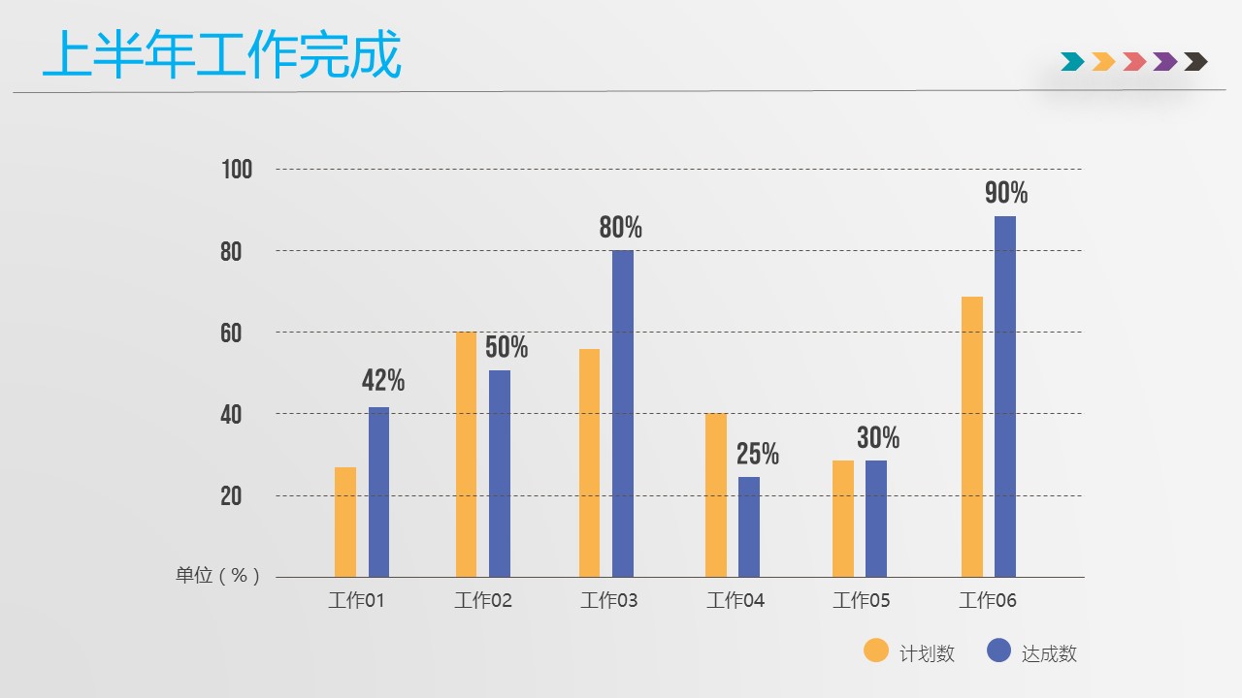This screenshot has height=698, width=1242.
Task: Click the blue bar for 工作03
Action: pyautogui.click(x=623, y=413)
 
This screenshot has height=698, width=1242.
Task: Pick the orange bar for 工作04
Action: pyautogui.click(x=716, y=494)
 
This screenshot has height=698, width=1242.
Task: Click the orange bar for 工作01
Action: pyautogui.click(x=345, y=522)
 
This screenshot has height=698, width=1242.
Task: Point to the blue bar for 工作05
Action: pyautogui.click(x=876, y=518)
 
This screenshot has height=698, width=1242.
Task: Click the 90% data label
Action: pyautogui.click(x=1006, y=193)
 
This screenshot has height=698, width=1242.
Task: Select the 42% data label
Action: pyautogui.click(x=383, y=381)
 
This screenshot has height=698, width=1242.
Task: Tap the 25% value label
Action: pyautogui.click(x=758, y=454)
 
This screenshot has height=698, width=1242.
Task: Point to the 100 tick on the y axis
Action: pyautogui.click(x=237, y=170)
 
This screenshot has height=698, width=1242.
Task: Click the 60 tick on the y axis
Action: pyautogui.click(x=231, y=333)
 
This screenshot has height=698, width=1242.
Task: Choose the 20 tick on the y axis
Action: pyautogui.click(x=231, y=496)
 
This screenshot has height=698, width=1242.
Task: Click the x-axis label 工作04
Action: pyautogui.click(x=735, y=601)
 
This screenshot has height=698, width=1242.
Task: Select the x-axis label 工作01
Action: pyautogui.click(x=357, y=601)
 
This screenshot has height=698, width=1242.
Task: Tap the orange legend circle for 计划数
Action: pyautogui.click(x=876, y=650)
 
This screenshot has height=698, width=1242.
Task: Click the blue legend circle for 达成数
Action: pyautogui.click(x=998, y=650)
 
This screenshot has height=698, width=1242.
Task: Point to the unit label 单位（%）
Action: pyautogui.click(x=217, y=576)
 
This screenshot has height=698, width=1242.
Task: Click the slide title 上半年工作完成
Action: pyautogui.click(x=222, y=56)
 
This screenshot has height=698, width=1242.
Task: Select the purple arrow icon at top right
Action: pyautogui.click(x=1165, y=62)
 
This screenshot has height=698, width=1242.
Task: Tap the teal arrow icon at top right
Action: pyautogui.click(x=1072, y=62)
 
